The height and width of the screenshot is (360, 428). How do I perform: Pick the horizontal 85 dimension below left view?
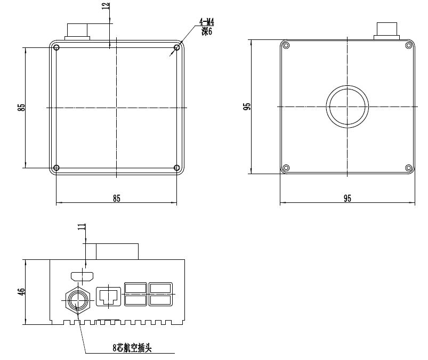click(116, 198)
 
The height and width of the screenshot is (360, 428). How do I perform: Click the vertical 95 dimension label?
click(246, 107)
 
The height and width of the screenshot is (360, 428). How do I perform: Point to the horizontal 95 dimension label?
click(347, 198)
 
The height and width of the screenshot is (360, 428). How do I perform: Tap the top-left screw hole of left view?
click(56, 48)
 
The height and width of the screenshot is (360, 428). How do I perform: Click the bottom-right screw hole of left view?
click(177, 168)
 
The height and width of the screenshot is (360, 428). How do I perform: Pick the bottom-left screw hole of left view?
click(56, 168)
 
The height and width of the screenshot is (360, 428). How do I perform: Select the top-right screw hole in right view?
click(409, 45)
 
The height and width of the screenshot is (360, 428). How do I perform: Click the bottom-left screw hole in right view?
click(286, 168)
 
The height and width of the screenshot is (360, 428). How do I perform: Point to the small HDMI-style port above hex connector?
click(82, 276)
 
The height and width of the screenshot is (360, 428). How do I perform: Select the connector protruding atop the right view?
click(387, 30)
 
